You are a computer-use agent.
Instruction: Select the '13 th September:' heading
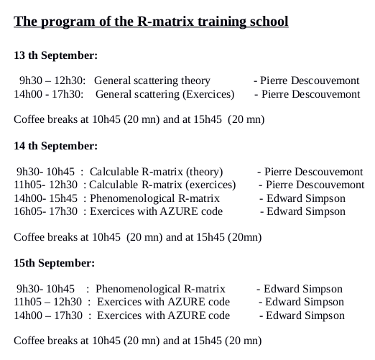point(56,55)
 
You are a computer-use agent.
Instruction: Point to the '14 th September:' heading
point(56,145)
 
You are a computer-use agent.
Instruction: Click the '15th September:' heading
point(53,262)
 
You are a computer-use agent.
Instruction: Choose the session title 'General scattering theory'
point(152,81)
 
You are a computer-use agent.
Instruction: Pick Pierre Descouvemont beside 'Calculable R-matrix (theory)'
point(310,172)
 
